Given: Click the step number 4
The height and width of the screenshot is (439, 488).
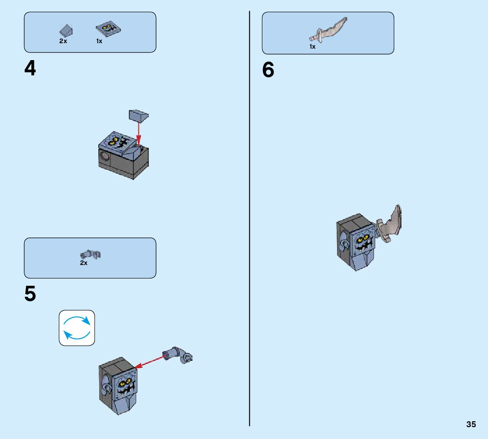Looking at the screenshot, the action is click(x=30, y=69).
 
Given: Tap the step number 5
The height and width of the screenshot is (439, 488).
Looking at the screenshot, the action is click(x=30, y=295).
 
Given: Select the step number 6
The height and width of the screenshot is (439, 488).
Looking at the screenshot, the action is click(x=268, y=70).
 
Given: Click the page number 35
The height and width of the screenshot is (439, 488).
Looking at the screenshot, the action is click(x=471, y=425).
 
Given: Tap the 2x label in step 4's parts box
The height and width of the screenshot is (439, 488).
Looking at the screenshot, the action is click(x=63, y=41).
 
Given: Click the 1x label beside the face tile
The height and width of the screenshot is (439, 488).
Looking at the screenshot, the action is click(x=99, y=41).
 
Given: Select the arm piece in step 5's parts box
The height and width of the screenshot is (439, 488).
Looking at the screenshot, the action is click(x=90, y=254).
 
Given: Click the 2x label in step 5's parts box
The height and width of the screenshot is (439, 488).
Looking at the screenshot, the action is click(x=84, y=263).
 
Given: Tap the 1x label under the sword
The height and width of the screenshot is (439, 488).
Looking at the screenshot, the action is click(x=312, y=47).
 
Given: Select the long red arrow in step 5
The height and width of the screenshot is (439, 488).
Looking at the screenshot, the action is click(x=151, y=363).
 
